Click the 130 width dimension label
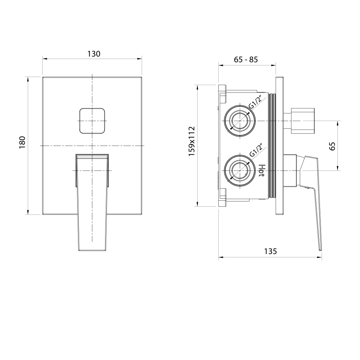(94, 54)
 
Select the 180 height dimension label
(22, 142)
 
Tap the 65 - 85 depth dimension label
(246, 59)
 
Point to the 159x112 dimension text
(192, 141)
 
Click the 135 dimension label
(270, 251)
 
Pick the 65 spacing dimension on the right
(332, 146)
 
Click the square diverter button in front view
(92, 121)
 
